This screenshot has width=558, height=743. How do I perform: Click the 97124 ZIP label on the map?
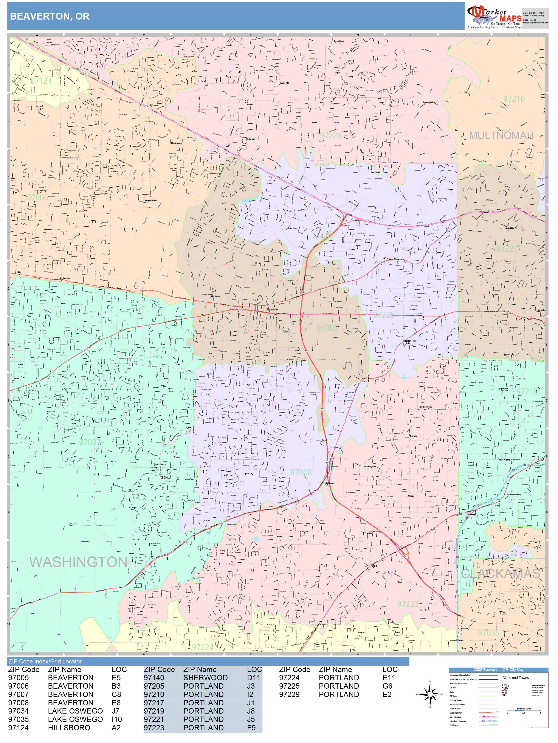coord(41,81)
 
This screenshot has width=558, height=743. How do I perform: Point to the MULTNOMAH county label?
coord(501,135)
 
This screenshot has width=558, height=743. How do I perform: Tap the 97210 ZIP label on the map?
coord(514,99)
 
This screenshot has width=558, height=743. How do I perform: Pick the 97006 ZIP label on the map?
coord(38,197)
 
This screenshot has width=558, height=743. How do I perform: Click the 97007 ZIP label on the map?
coord(90,442)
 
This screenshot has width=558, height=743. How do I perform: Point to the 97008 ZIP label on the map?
coord(301,472)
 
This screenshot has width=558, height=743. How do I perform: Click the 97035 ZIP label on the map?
coord(488,632)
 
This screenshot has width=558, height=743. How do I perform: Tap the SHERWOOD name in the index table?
coord(206,677)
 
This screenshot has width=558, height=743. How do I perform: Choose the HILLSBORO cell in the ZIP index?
coord(69,728)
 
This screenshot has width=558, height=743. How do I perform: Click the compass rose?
coord(430,694)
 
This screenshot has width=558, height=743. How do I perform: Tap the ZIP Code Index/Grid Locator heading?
coord(45,661)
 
